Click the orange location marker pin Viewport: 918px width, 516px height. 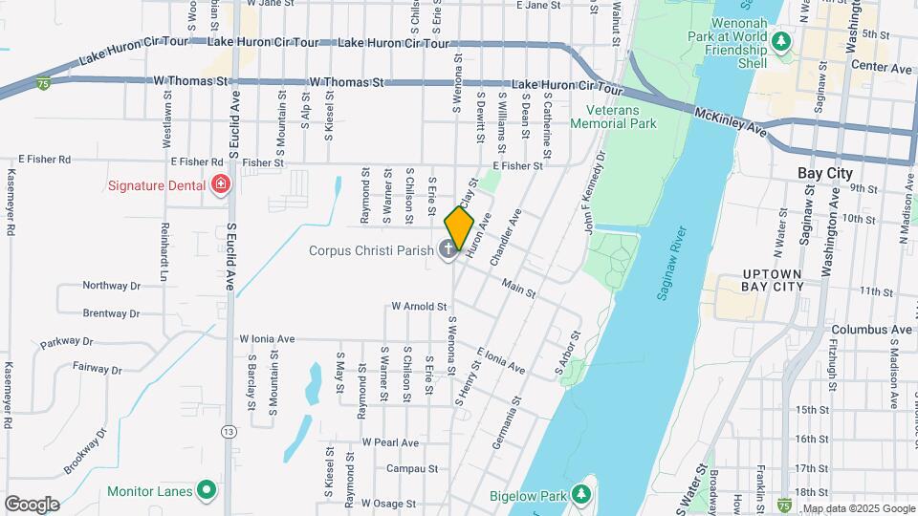[460, 227]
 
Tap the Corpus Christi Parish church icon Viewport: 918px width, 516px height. [448, 251]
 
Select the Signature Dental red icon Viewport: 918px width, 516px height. [222, 183]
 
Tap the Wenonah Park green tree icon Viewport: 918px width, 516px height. [781, 41]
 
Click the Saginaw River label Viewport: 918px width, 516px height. [672, 264]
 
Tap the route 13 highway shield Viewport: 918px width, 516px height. [229, 432]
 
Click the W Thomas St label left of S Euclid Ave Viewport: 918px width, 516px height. [187, 83]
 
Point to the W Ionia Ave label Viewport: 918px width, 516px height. [267, 338]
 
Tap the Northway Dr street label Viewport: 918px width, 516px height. [111, 286]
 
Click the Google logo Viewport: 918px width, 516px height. [32, 504]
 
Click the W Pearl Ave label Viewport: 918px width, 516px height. [390, 442]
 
